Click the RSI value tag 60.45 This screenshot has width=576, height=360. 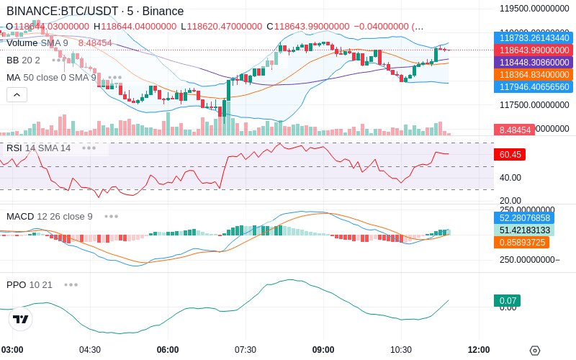click(510, 154)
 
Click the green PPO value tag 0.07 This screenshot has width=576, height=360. click(507, 301)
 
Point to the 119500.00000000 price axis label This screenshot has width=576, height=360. click(534, 9)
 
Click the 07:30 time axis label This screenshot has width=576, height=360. click(246, 350)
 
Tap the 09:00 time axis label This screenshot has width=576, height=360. click(323, 350)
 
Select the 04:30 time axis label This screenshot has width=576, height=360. click(90, 350)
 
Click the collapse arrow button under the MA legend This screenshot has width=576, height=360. click(17, 94)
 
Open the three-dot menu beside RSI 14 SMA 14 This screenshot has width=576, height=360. click(89, 148)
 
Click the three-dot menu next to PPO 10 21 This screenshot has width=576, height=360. click(71, 284)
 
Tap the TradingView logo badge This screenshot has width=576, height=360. click(20, 319)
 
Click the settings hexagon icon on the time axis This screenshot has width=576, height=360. click(534, 351)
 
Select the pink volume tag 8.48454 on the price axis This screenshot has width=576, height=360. click(513, 130)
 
